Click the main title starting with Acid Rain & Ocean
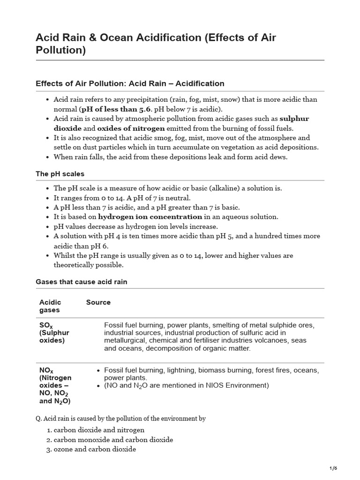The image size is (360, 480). pyautogui.click(x=156, y=44)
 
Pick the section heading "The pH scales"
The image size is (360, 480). pyautogui.click(x=60, y=174)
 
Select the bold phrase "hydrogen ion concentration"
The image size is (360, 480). pyautogui.click(x=150, y=217)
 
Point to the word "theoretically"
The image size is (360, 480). pyautogui.click(x=76, y=265)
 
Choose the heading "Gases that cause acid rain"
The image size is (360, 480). pyautogui.click(x=82, y=282)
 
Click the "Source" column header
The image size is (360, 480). pyautogui.click(x=98, y=302)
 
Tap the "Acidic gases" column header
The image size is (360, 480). pyautogui.click(x=50, y=306)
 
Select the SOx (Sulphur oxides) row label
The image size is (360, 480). pyautogui.click(x=54, y=333)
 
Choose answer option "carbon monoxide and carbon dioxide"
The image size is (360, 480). pyautogui.click(x=113, y=440)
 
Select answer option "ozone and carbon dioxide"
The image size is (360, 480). pyautogui.click(x=95, y=449)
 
